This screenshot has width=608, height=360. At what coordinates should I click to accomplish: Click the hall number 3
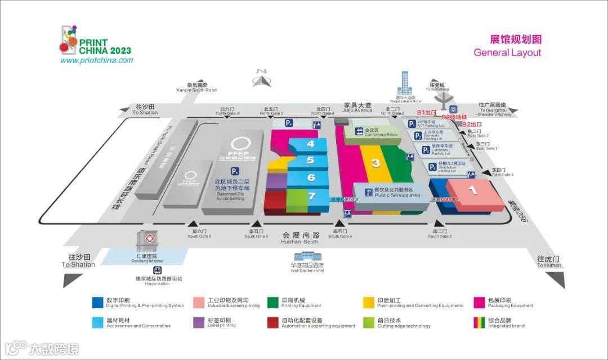(375, 163)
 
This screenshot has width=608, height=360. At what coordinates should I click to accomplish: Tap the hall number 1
(473, 190)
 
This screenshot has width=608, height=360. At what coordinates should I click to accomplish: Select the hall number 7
(311, 196)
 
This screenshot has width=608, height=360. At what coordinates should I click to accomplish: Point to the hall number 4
(310, 144)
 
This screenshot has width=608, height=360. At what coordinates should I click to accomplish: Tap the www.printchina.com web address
(96, 60)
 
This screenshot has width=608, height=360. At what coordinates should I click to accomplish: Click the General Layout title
(507, 52)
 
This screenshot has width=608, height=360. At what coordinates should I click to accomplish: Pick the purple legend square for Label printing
(199, 322)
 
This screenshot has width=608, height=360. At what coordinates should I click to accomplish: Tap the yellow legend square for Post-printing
(369, 303)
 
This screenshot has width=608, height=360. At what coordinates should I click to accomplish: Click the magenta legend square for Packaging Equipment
(480, 303)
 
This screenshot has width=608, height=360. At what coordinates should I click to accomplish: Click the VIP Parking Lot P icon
(412, 123)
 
